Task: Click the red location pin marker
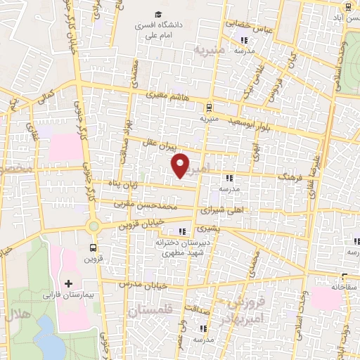click(x=181, y=166)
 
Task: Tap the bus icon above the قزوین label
click(x=93, y=247)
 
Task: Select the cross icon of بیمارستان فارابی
click(x=68, y=284)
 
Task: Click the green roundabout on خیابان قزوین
click(x=93, y=226)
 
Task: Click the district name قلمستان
click(x=150, y=310)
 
